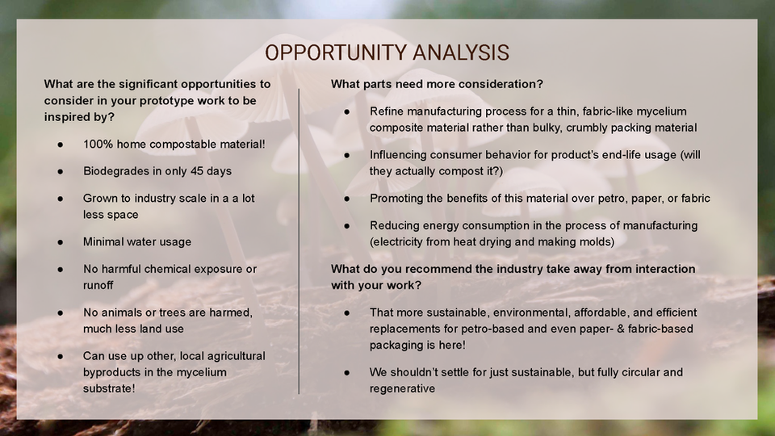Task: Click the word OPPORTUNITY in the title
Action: (x=335, y=53)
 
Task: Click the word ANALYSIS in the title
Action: (x=461, y=53)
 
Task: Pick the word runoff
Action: (x=98, y=285)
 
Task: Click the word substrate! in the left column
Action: (x=109, y=388)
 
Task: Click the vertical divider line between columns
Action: (x=299, y=241)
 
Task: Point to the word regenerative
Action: (x=402, y=388)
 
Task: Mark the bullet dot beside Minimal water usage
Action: (x=61, y=242)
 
